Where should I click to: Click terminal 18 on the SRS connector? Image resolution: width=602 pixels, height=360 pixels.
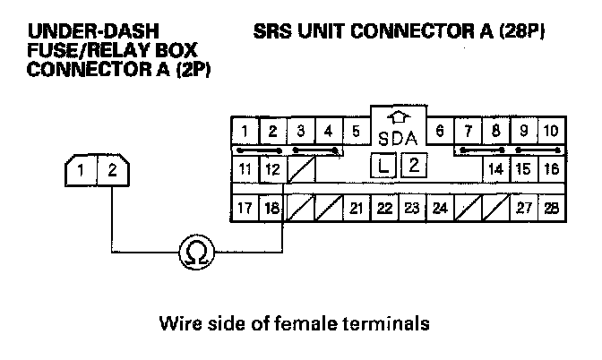[x=271, y=210]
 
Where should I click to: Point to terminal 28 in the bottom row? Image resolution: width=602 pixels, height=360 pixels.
[x=551, y=210]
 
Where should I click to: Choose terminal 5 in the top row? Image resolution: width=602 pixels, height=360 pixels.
[x=356, y=132]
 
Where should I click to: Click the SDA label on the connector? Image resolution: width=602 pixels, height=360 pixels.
[x=398, y=139]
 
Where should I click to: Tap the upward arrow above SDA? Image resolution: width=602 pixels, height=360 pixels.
[x=398, y=117]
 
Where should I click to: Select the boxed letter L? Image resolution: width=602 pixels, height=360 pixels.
[x=384, y=165]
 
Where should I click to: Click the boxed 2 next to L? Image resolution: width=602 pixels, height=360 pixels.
[x=413, y=165]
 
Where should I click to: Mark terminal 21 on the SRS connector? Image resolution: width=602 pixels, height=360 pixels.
[x=356, y=210]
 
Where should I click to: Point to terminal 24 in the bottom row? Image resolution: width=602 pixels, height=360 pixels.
[x=440, y=210]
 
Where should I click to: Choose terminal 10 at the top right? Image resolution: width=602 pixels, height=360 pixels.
[x=551, y=132]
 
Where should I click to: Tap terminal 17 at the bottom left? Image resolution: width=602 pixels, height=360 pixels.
[x=244, y=210]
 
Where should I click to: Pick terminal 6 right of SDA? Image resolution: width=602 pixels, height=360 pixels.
[x=440, y=132]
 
